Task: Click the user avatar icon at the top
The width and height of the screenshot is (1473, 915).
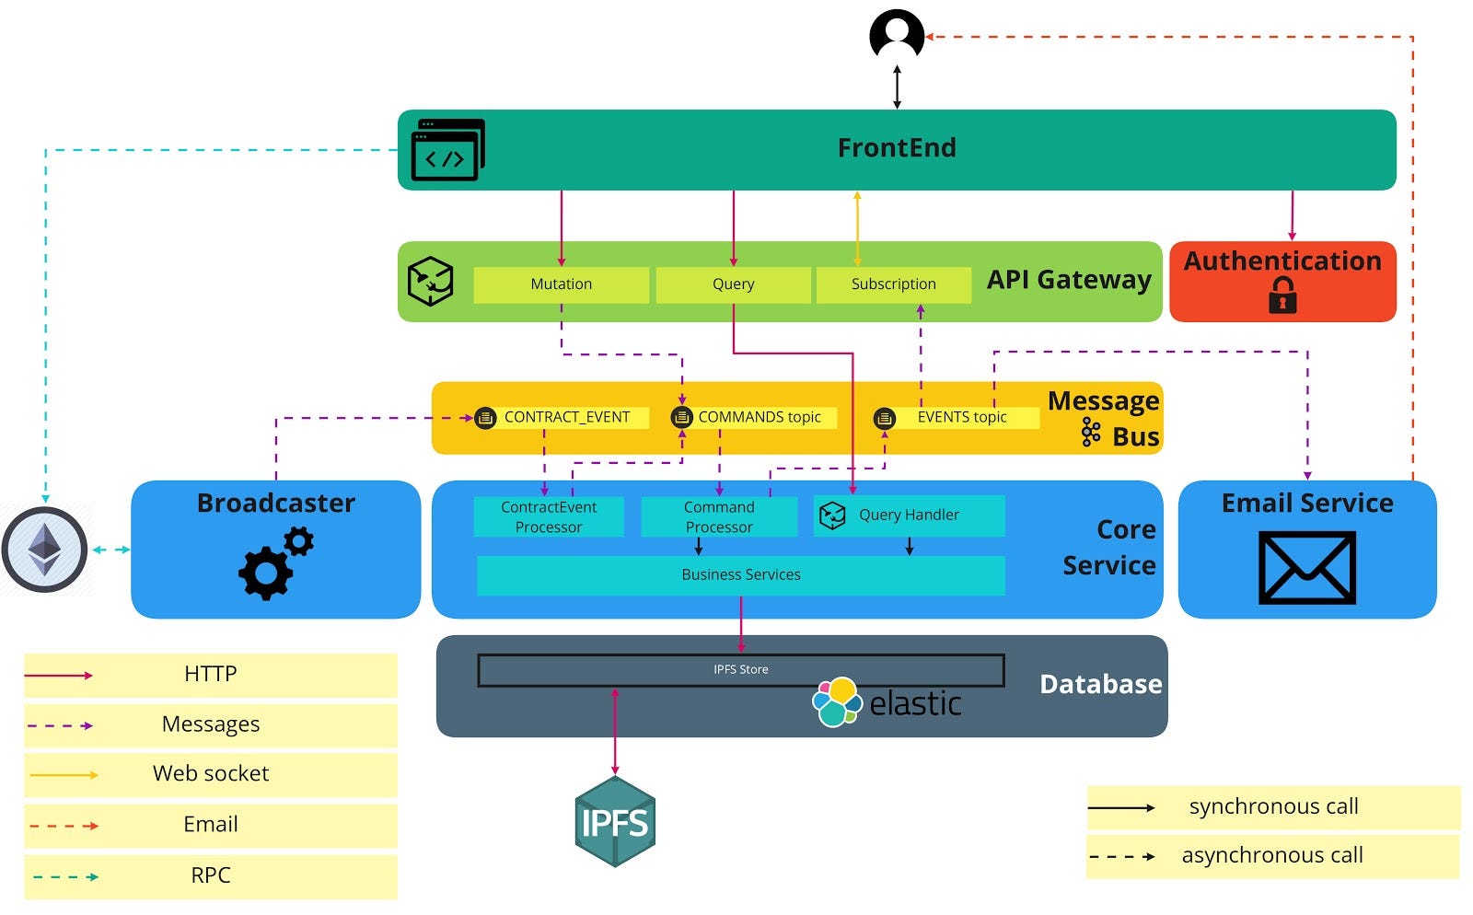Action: click(x=897, y=36)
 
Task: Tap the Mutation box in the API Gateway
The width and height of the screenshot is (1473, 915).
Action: click(x=561, y=284)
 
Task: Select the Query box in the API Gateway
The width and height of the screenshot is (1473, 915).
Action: click(x=733, y=284)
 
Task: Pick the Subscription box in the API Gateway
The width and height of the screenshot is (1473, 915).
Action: click(x=893, y=284)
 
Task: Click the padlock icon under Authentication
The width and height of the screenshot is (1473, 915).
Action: click(x=1282, y=295)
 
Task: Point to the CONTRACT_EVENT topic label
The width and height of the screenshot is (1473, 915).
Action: click(x=566, y=417)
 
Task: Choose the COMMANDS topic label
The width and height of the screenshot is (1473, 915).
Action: click(x=759, y=417)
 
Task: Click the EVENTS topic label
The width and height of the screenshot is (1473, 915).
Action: click(x=961, y=417)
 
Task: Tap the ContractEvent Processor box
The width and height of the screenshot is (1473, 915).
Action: click(x=549, y=516)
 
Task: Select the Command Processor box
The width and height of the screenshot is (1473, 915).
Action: click(x=719, y=516)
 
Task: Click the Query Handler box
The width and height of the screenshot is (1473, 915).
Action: click(x=910, y=515)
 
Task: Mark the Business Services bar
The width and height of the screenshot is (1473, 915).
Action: click(x=740, y=574)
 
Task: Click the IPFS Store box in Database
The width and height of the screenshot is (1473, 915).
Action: click(x=740, y=669)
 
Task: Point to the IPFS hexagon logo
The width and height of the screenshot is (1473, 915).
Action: click(x=615, y=821)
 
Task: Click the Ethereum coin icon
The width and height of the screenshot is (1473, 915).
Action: click(x=44, y=550)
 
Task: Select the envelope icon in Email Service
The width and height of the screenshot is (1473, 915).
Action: click(x=1306, y=567)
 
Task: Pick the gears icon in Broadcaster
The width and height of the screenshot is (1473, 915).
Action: click(x=275, y=562)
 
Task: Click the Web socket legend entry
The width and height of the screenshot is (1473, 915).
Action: click(x=210, y=774)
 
